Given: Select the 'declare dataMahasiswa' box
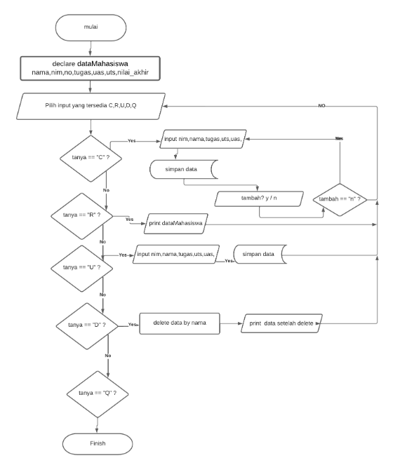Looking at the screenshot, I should pos(91,69).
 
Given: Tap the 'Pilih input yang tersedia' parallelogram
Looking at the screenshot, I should pos(92,105).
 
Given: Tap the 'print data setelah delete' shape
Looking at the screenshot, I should pos(279,323).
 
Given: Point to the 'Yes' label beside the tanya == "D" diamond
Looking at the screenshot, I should pos(133,325).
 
